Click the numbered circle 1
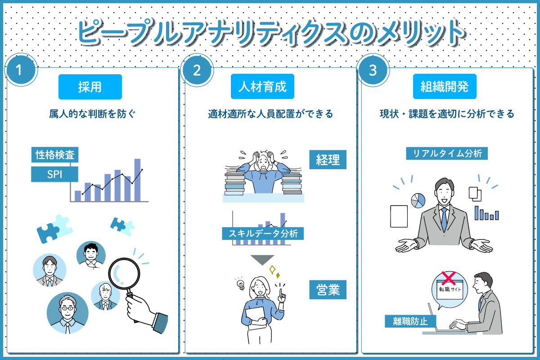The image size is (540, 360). (x=21, y=70)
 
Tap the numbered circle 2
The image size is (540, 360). (x=197, y=70)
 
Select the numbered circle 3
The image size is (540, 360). (x=373, y=70)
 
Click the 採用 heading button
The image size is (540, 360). (x=90, y=87)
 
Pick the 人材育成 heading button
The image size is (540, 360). (x=262, y=86)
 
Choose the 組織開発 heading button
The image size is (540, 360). (x=445, y=86)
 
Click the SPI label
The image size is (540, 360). (x=55, y=174)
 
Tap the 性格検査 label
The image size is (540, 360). (x=55, y=154)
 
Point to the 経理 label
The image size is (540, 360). (x=328, y=160)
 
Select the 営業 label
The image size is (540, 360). (x=328, y=290)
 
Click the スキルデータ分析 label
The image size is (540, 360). (x=263, y=234)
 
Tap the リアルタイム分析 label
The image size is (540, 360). (x=447, y=153)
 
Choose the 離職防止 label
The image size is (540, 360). (x=410, y=321)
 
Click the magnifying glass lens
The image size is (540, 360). (x=124, y=274)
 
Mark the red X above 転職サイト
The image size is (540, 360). (x=449, y=278)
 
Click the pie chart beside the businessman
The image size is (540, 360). (x=418, y=201)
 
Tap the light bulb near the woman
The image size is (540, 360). (x=240, y=284)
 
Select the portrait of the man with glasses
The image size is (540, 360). (x=67, y=313)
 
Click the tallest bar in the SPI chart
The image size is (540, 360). (x=137, y=180)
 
